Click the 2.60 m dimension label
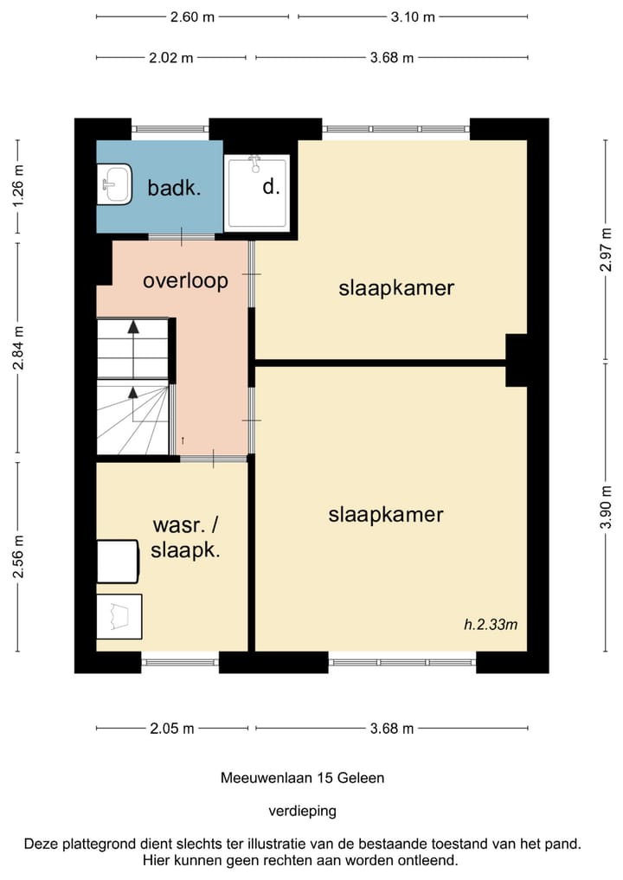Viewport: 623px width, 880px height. [x=192, y=16]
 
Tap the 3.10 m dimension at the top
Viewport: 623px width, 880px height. [x=413, y=16]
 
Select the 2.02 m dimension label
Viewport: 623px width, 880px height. [x=171, y=57]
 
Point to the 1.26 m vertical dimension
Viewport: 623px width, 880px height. [x=18, y=186]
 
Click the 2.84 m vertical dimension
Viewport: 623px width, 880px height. [x=18, y=348]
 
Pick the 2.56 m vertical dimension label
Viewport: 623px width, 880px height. [x=18, y=556]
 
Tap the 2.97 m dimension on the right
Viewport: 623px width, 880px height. [x=607, y=250]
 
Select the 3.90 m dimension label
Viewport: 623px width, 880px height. [x=607, y=507]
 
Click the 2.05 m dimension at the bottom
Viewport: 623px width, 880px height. [x=171, y=729]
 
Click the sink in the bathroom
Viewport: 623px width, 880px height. [x=114, y=184]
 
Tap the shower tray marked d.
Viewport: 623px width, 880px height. [x=256, y=191]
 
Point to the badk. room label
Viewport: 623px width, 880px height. [x=174, y=188]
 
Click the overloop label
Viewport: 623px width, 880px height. [x=185, y=280]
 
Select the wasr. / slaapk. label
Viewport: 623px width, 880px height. [x=185, y=537]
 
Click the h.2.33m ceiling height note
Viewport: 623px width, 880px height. [x=491, y=624]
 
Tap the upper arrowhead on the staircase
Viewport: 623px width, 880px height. [x=133, y=326]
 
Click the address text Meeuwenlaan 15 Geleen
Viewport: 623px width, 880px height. [x=303, y=778]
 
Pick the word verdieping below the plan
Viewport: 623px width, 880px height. [x=303, y=811]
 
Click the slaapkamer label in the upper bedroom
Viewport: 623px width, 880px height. [x=396, y=288]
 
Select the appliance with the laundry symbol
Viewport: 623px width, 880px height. [x=119, y=617]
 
